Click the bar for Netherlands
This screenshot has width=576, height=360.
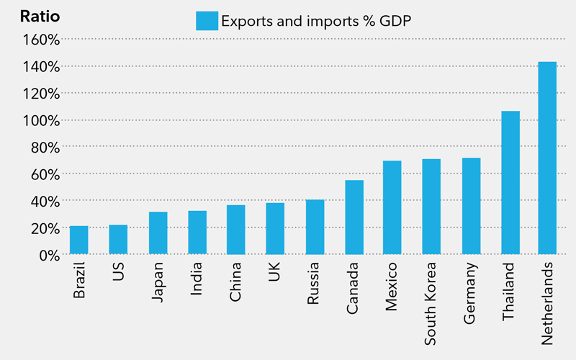pos(547,158)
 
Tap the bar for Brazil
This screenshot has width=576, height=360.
pos(79,240)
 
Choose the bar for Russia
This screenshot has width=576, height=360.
pos(315,227)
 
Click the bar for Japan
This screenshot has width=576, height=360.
pos(158,233)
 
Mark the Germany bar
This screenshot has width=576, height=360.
pos(471,206)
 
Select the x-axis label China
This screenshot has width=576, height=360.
pos(236,282)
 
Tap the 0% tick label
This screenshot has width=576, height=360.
pos(47,255)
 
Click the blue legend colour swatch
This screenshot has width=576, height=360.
pos(207,21)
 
